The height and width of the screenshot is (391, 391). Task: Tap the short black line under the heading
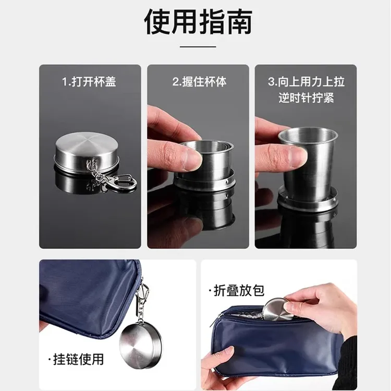[x=198, y=47]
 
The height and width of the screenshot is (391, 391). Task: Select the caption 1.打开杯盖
[x=90, y=82]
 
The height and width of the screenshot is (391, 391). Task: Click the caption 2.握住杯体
[x=200, y=82]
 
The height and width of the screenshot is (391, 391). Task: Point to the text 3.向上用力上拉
[x=307, y=82]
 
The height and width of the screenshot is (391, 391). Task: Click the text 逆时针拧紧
[x=307, y=97]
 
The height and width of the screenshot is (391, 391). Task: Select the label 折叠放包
[x=236, y=291]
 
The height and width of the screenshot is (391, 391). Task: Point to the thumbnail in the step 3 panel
[x=297, y=155]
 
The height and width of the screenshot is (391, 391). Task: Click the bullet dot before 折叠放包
[x=210, y=291]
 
